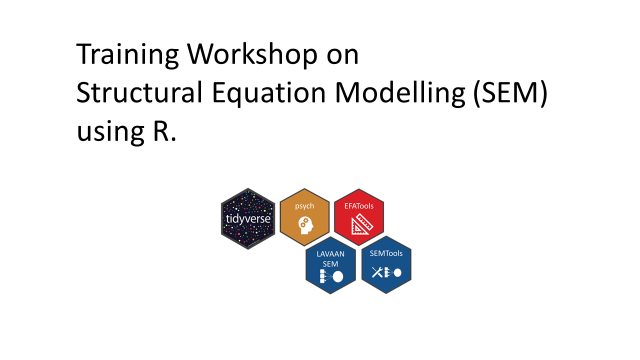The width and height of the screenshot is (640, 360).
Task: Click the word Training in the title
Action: (127, 55)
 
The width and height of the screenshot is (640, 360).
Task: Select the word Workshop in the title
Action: (252, 55)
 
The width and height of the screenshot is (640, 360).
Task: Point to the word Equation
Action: (269, 93)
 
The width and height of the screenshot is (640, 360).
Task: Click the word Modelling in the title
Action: (400, 93)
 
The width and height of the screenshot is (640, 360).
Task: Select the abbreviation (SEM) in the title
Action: (510, 93)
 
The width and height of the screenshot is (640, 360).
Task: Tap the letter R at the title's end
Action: (161, 131)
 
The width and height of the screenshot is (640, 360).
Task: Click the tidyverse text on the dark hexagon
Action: (248, 219)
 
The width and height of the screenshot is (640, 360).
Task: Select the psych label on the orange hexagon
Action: (304, 206)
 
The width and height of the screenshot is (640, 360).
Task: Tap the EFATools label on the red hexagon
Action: (359, 206)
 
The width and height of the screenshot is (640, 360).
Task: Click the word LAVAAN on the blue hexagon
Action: (330, 254)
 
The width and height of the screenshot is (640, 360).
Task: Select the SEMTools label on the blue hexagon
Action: (386, 253)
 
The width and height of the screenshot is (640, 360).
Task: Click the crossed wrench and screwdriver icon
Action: (377, 272)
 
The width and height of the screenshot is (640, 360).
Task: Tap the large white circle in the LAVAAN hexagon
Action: (338, 276)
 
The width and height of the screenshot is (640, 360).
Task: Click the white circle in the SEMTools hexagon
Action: (397, 272)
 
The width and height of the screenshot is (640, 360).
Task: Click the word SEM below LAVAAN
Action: (330, 264)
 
